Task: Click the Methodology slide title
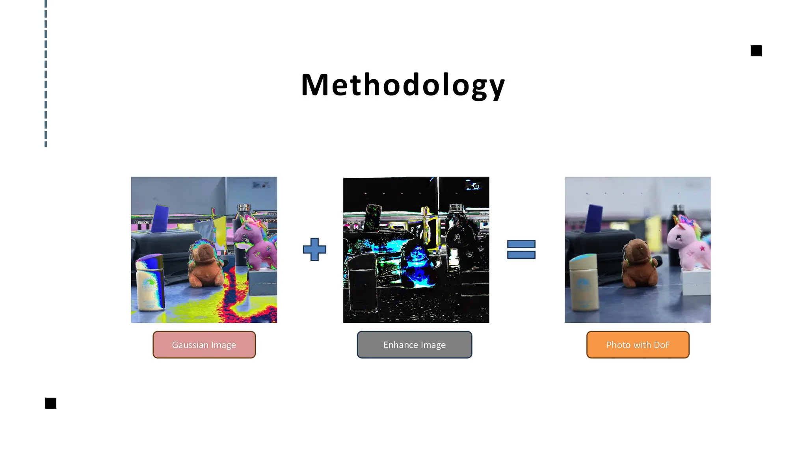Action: click(x=403, y=85)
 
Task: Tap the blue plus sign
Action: click(x=314, y=249)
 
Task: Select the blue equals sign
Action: click(x=521, y=249)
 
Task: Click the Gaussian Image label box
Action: click(x=204, y=345)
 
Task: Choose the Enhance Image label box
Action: click(x=415, y=345)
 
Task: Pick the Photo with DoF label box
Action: click(x=638, y=345)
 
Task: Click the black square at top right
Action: click(x=756, y=51)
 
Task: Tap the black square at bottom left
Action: click(x=51, y=403)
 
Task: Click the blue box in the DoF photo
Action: click(x=594, y=219)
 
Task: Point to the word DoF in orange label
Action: click(x=662, y=345)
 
